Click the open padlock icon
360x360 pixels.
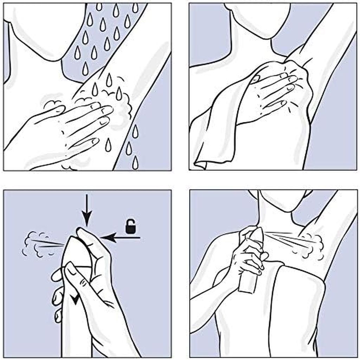click(x=132, y=227)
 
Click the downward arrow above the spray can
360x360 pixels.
click(x=86, y=211)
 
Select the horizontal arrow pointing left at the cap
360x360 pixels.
click(x=120, y=238)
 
